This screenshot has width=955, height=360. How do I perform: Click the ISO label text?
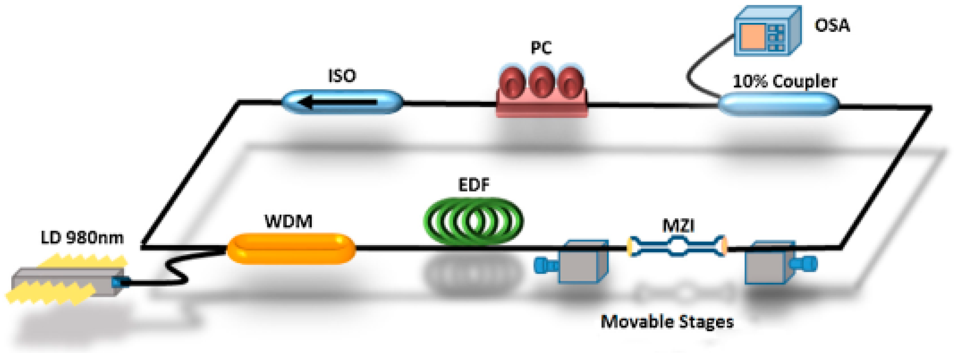coord(342,76)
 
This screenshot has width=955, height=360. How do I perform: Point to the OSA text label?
coord(832,25)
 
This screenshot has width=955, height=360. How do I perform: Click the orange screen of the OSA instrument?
coord(753,36)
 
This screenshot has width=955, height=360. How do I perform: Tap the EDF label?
coord(473,185)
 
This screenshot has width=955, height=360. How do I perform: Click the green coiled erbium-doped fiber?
coord(473,221)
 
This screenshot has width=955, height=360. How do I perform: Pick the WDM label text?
coord(288,221)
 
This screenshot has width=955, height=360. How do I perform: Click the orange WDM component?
coord(291,248)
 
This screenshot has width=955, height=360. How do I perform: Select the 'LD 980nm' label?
coord(82,238)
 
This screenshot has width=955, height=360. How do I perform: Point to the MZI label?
coord(678,226)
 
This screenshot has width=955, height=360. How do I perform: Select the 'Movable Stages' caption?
coord(667,321)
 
